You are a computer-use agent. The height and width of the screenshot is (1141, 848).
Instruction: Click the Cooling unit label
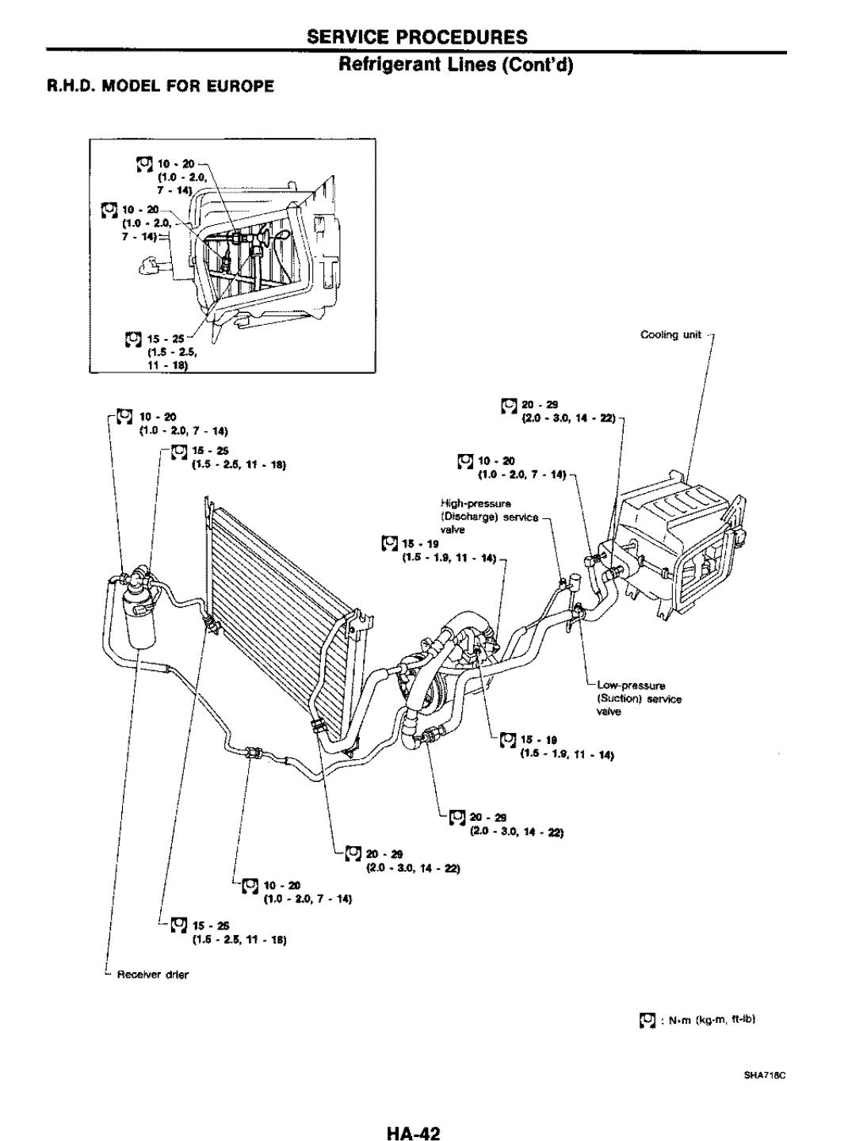tap(670, 334)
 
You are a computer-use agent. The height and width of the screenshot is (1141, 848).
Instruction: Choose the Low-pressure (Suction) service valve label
tap(638, 698)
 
